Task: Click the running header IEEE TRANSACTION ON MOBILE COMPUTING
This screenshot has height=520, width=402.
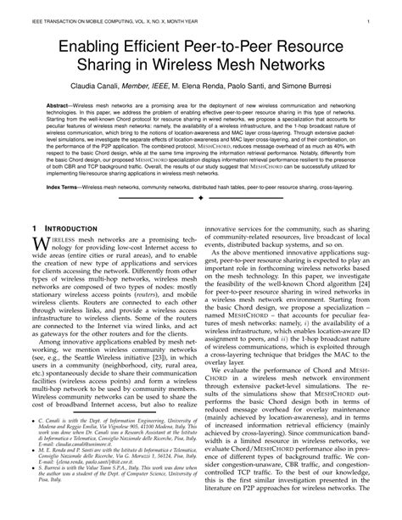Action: (85, 15)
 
